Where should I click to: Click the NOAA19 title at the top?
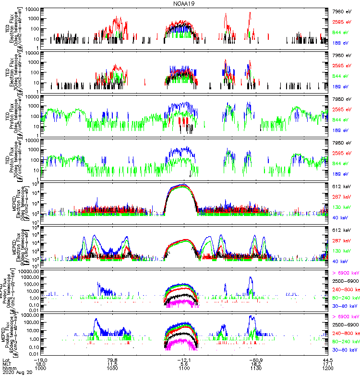(184, 3)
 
